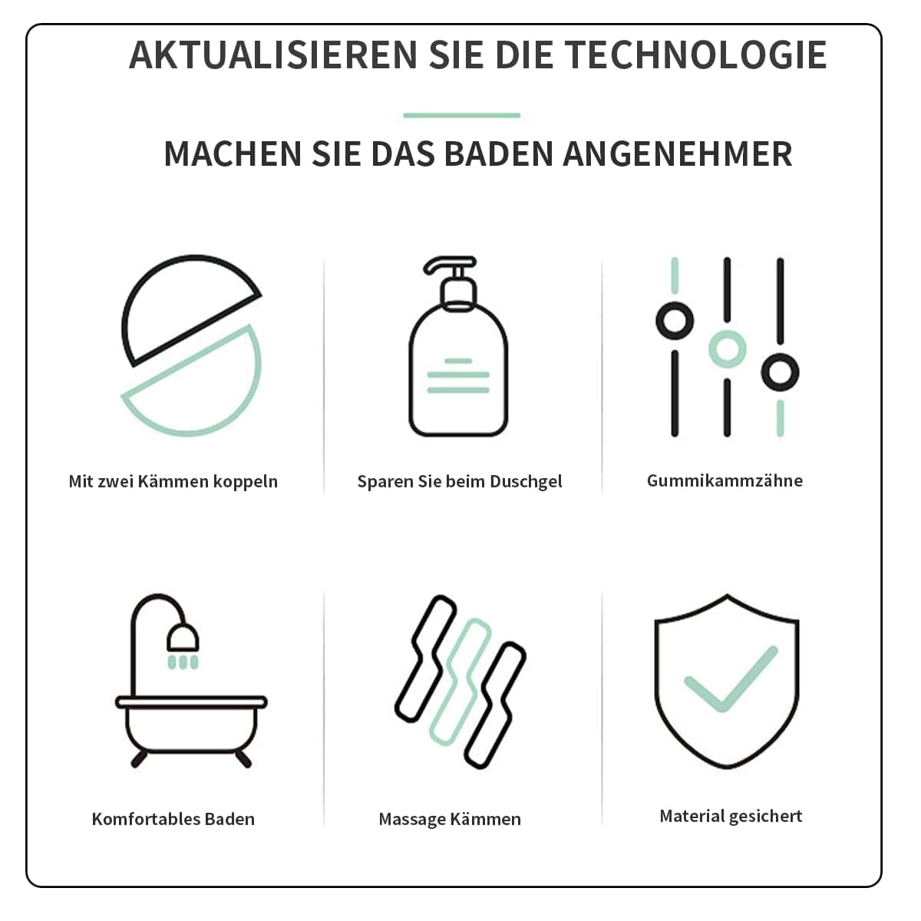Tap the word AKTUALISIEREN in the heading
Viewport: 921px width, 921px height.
coord(273,55)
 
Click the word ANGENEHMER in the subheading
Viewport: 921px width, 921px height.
coord(677,154)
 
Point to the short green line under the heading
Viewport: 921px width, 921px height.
coord(462,115)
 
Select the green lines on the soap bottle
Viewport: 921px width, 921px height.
coord(458,376)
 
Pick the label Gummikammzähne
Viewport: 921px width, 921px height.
coord(725,480)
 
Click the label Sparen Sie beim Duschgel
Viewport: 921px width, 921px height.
coord(460,482)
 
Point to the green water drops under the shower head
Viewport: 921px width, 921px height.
coord(183,662)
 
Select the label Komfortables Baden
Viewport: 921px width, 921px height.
coord(173,819)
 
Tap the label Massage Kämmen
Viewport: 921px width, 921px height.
coord(450,819)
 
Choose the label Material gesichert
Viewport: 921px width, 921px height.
coord(731,817)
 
